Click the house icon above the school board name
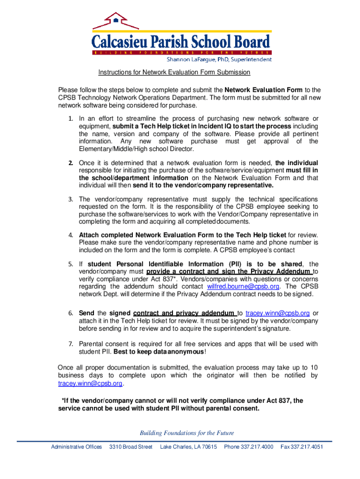pos(115,20)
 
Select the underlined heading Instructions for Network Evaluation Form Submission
pos(174,73)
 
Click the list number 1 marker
pos(71,119)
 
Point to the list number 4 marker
pos(71,235)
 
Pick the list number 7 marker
pos(71,344)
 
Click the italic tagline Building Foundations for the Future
pos(180,433)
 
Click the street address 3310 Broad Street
pos(130,447)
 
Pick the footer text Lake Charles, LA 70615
pos(188,447)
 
